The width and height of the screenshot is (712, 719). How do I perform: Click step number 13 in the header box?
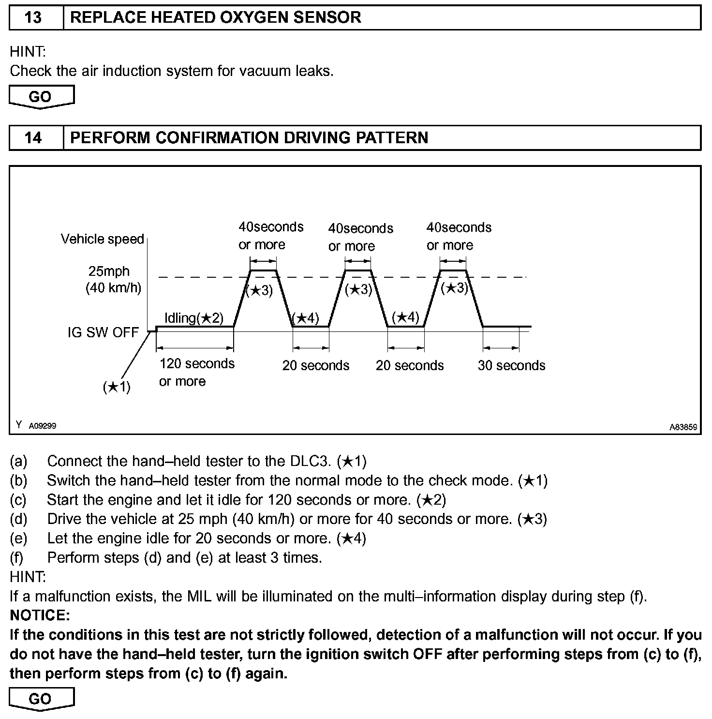pyautogui.click(x=33, y=18)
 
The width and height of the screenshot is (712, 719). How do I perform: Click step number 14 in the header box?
pyautogui.click(x=33, y=138)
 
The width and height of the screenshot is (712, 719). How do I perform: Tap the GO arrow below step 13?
pyautogui.click(x=41, y=96)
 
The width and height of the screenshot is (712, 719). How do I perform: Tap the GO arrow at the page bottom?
pyautogui.click(x=41, y=699)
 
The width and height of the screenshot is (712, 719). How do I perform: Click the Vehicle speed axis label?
pyautogui.click(x=103, y=239)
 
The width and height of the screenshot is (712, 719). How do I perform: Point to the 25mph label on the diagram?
pyautogui.click(x=109, y=271)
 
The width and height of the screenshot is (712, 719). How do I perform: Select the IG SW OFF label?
pyautogui.click(x=103, y=332)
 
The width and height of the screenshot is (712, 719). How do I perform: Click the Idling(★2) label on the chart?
pyautogui.click(x=194, y=318)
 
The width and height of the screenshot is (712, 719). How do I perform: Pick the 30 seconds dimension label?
pyautogui.click(x=511, y=365)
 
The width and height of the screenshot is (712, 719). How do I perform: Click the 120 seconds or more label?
pyautogui.click(x=196, y=372)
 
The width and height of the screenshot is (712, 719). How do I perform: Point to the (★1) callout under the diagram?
pyautogui.click(x=117, y=387)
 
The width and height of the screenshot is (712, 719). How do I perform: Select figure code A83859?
pyautogui.click(x=683, y=427)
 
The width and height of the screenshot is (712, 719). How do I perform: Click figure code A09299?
pyautogui.click(x=43, y=426)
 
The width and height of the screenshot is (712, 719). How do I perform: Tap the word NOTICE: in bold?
pyautogui.click(x=40, y=615)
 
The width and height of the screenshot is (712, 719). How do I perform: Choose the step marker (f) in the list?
pyautogui.click(x=17, y=558)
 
